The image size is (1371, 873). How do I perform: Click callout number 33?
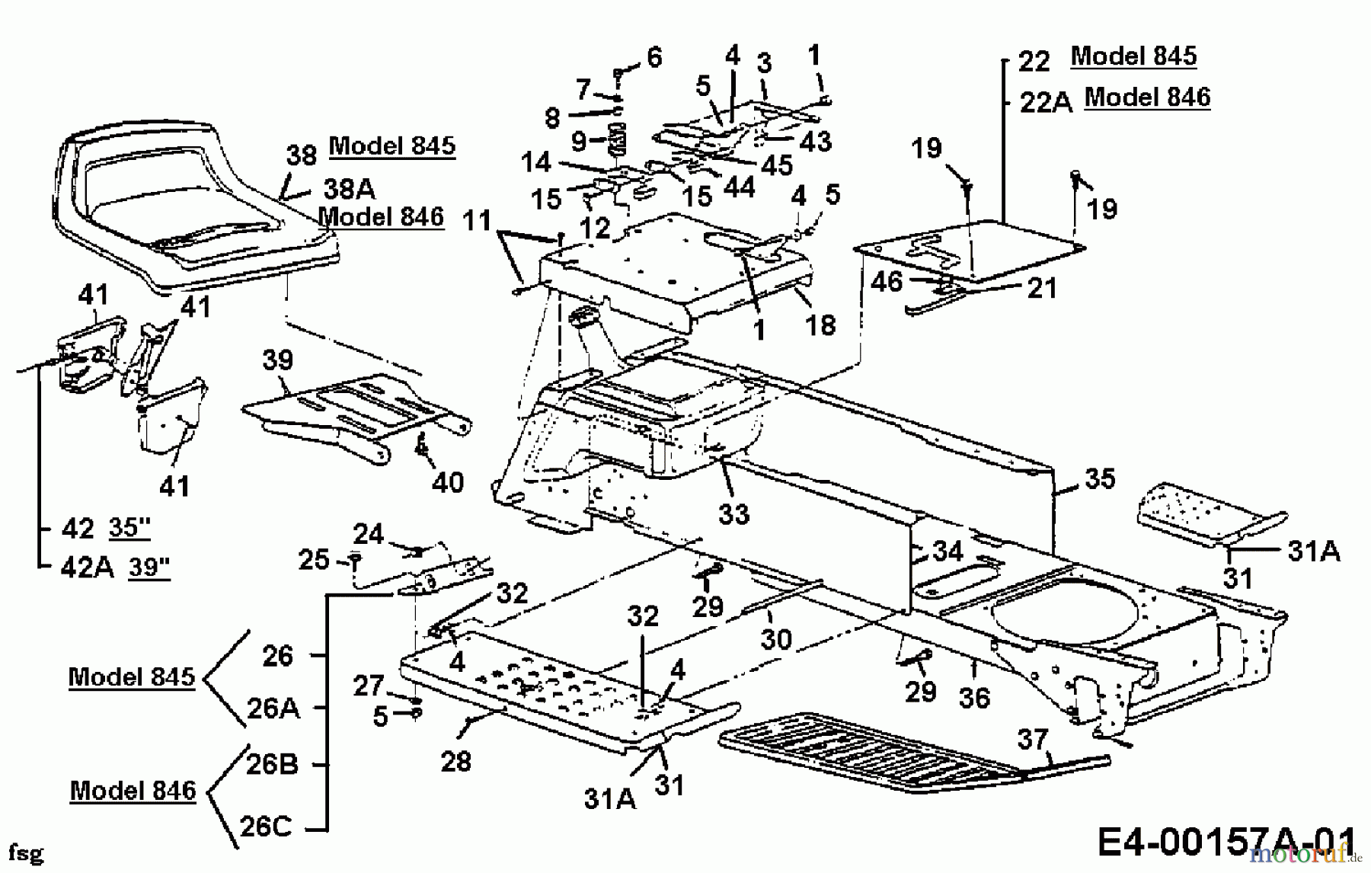click(734, 514)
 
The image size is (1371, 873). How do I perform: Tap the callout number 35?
click(1100, 478)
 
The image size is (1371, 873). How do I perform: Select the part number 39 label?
click(277, 360)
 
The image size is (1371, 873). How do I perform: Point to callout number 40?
click(448, 482)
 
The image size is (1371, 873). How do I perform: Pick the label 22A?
click(1045, 101)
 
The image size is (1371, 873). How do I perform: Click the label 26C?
click(266, 827)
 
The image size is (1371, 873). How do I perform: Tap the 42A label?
click(86, 567)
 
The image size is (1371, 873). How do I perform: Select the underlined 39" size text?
click(149, 567)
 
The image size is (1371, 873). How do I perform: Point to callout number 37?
click(1033, 740)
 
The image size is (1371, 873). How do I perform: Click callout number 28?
click(455, 760)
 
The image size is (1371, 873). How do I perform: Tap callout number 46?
click(887, 282)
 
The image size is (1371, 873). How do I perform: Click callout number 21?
click(1042, 288)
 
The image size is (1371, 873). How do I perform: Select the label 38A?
click(349, 188)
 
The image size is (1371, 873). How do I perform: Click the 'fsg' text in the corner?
click(26, 853)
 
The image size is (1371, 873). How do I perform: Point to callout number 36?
click(974, 697)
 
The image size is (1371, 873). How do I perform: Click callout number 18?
click(820, 325)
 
